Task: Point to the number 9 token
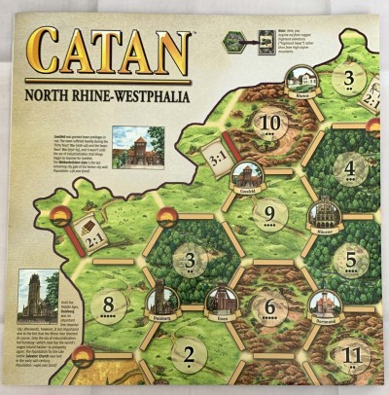click(271, 212)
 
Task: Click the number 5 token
click(352, 261)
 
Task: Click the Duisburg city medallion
click(160, 302)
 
